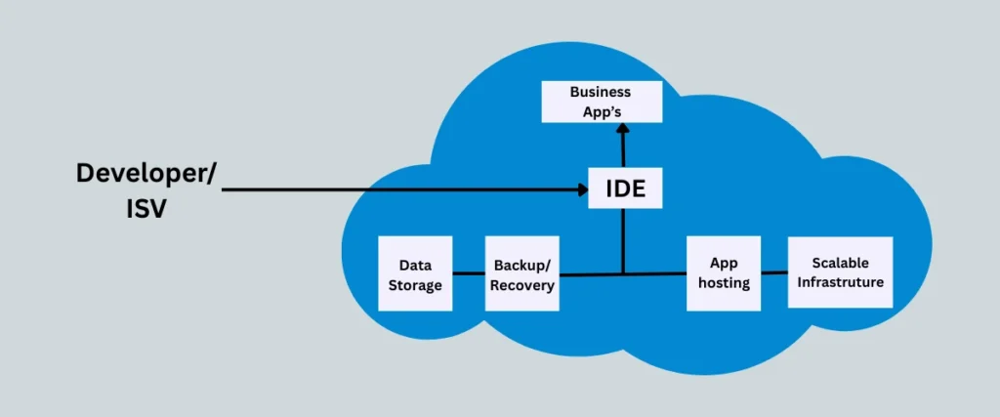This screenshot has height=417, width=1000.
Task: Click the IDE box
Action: click(x=625, y=188)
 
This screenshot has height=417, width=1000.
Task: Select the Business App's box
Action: click(x=601, y=102)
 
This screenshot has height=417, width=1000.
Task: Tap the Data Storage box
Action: click(x=415, y=274)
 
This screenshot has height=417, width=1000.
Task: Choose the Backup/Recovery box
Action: click(x=521, y=274)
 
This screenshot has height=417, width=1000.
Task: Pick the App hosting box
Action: click(x=724, y=273)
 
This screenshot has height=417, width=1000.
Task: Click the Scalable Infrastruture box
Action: click(x=840, y=272)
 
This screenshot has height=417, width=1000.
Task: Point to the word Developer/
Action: click(x=147, y=174)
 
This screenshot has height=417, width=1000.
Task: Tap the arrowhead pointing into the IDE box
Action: click(x=580, y=189)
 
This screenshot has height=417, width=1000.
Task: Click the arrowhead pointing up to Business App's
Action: click(x=621, y=129)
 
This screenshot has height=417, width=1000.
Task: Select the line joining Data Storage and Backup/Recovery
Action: click(x=468, y=274)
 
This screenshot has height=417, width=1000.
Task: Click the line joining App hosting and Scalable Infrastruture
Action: click(x=774, y=272)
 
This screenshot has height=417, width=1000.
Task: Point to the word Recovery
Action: click(x=521, y=286)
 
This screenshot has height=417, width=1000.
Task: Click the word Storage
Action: click(x=416, y=285)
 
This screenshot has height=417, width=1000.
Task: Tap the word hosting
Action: click(x=724, y=283)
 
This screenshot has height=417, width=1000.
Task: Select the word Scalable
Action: click(x=840, y=263)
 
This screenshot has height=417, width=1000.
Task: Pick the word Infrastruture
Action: click(x=840, y=282)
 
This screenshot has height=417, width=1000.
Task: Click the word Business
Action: click(x=601, y=92)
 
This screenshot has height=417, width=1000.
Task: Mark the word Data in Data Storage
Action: click(x=415, y=265)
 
